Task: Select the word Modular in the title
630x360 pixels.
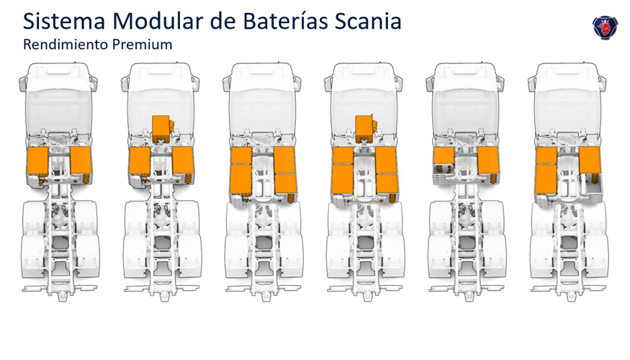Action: click(x=158, y=22)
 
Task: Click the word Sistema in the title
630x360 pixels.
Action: click(x=64, y=22)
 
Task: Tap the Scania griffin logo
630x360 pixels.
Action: click(x=605, y=27)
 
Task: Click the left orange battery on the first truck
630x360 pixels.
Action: click(x=37, y=161)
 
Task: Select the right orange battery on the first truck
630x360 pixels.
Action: click(x=81, y=160)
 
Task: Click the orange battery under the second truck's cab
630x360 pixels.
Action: click(x=161, y=126)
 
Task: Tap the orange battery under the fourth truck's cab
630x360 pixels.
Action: click(x=364, y=126)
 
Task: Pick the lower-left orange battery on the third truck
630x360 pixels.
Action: click(x=241, y=179)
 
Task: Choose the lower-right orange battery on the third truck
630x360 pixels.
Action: click(x=286, y=184)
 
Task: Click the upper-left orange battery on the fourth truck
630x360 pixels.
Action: click(x=343, y=155)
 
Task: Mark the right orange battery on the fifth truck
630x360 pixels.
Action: click(x=489, y=160)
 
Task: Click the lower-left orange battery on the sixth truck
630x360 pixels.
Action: click(x=546, y=179)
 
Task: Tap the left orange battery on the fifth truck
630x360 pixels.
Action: click(x=444, y=156)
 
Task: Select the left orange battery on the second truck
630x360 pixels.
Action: click(x=140, y=161)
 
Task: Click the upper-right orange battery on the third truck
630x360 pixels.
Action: click(x=285, y=160)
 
